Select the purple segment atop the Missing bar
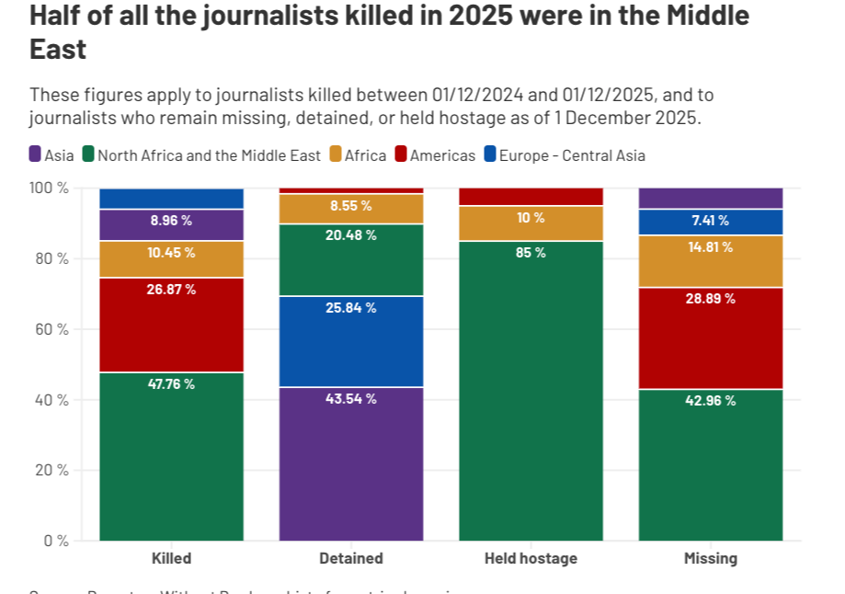tap(710, 198)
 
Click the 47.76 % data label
tap(171, 384)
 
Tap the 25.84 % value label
tap(351, 308)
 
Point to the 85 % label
tap(531, 252)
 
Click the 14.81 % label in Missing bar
tap(710, 247)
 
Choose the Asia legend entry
tap(52, 155)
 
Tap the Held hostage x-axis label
tap(531, 558)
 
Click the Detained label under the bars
tap(351, 558)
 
